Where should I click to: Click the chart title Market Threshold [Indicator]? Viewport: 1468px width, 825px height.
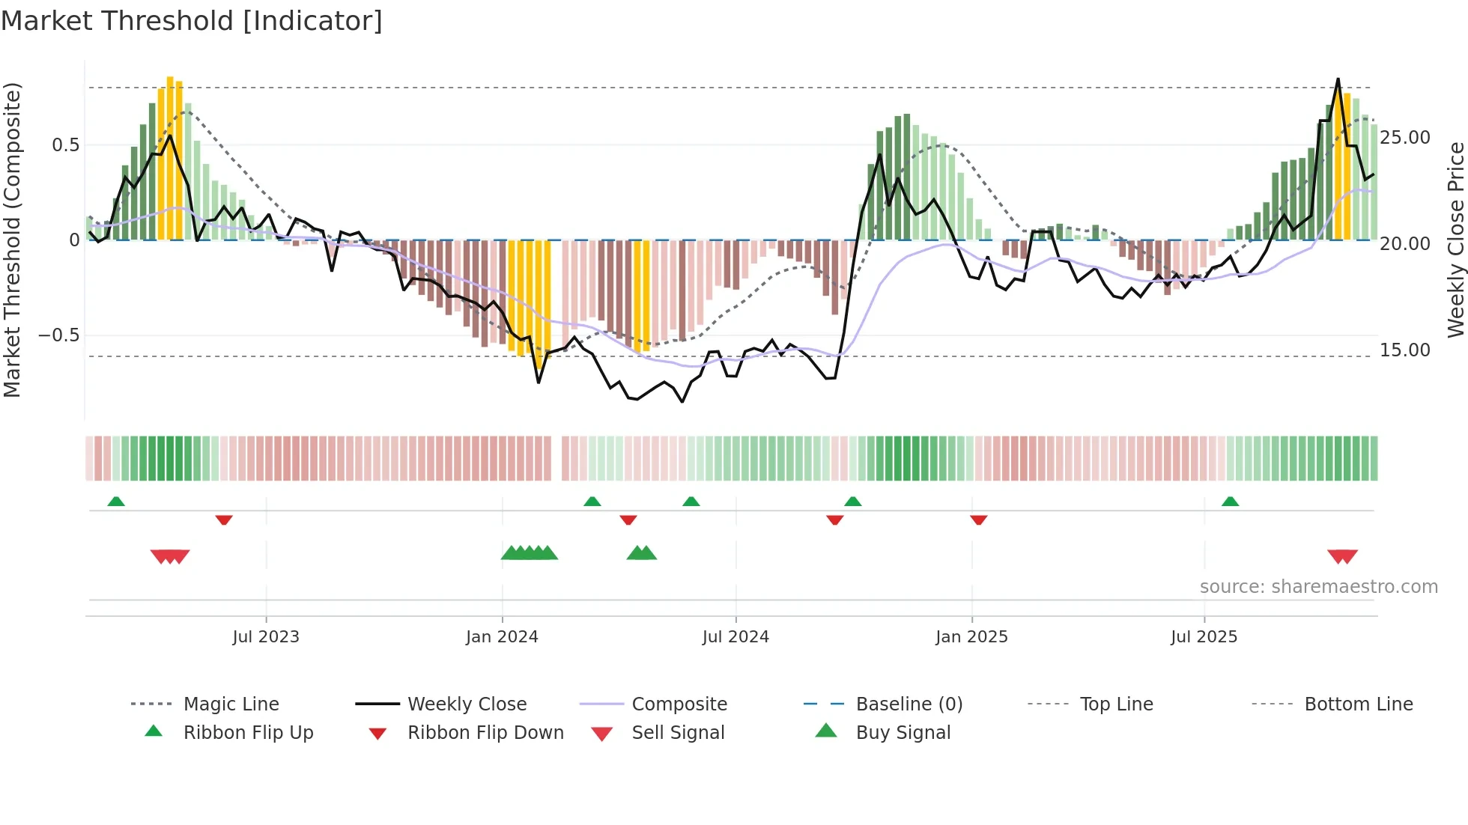click(x=192, y=21)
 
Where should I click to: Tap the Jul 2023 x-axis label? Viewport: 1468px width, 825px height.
click(x=266, y=637)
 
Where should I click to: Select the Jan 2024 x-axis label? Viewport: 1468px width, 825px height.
click(x=502, y=637)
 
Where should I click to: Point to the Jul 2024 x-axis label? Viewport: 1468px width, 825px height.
click(x=735, y=637)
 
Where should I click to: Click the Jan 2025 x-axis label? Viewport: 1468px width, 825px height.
click(x=971, y=637)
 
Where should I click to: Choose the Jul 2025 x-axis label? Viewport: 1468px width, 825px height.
click(x=1204, y=637)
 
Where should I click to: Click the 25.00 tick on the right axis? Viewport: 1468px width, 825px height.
click(x=1405, y=138)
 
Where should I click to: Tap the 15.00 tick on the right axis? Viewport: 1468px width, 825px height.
click(x=1405, y=350)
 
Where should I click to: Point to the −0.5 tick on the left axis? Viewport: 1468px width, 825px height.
click(x=59, y=335)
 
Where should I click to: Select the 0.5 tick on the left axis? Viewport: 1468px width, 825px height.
click(x=65, y=145)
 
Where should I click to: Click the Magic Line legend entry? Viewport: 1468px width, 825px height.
click(x=231, y=704)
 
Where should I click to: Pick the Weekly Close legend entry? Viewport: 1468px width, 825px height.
click(x=467, y=704)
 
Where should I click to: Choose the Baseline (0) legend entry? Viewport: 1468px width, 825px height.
click(x=909, y=704)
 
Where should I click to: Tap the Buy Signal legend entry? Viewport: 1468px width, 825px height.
click(x=903, y=733)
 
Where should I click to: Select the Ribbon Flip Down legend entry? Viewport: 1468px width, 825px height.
click(x=485, y=733)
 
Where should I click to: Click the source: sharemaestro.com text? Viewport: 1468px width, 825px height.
click(x=1318, y=587)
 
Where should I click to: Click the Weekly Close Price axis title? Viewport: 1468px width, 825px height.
click(x=1455, y=240)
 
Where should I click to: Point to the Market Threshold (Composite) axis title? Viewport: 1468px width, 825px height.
click(x=12, y=240)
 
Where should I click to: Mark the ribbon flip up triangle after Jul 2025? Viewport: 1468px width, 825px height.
click(x=1230, y=502)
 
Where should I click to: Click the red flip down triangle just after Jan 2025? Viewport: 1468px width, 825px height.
click(x=978, y=520)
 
